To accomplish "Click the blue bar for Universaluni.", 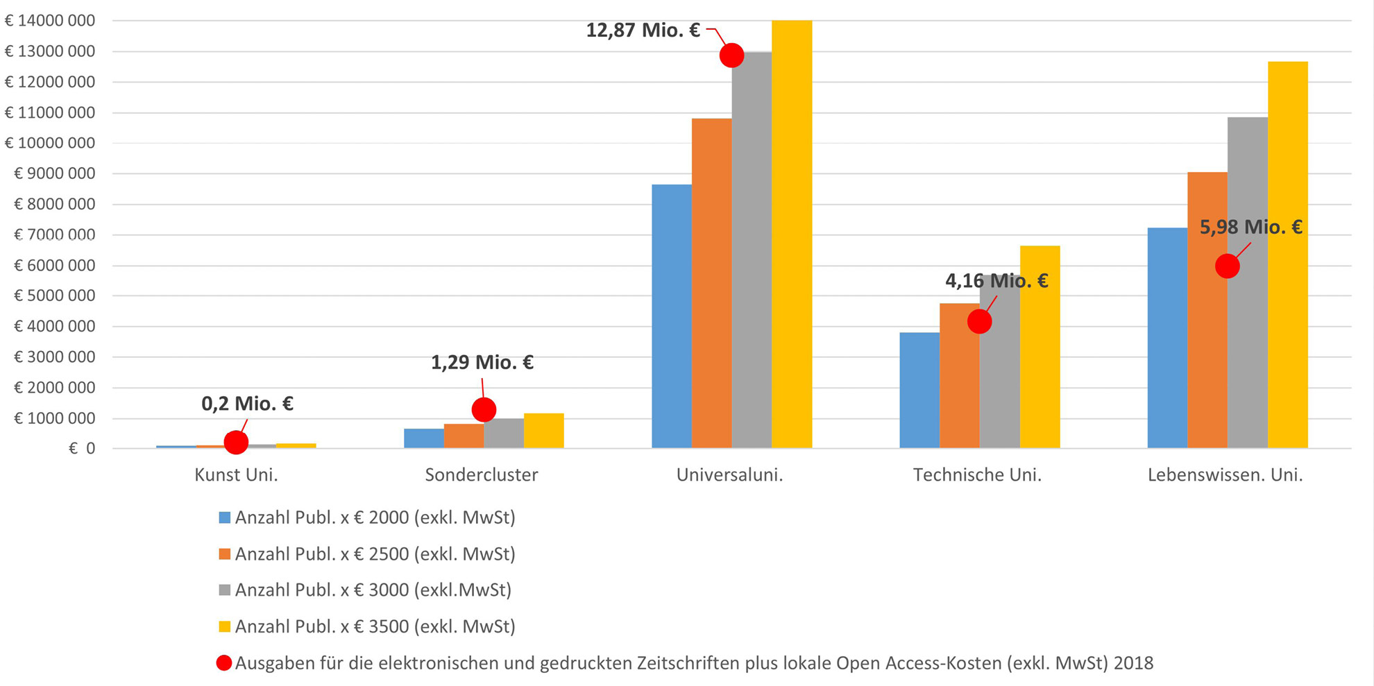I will [671, 316].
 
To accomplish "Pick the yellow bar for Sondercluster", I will [543, 431].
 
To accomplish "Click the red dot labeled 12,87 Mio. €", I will [731, 55].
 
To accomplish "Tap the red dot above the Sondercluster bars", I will [484, 409].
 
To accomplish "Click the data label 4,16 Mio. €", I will [996, 281].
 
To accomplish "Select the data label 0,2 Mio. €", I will [247, 404].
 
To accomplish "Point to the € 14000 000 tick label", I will [50, 21].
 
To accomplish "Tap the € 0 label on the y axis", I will [81, 449].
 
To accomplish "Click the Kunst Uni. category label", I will [236, 475].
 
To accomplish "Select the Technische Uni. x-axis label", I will [977, 475].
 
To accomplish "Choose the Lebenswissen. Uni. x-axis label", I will [1225, 475].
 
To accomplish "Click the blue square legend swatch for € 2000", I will [224, 517].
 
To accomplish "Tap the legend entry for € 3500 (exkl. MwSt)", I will [375, 626].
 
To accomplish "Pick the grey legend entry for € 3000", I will [373, 590].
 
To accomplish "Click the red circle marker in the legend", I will [223, 663].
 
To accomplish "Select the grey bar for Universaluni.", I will [751, 250].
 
